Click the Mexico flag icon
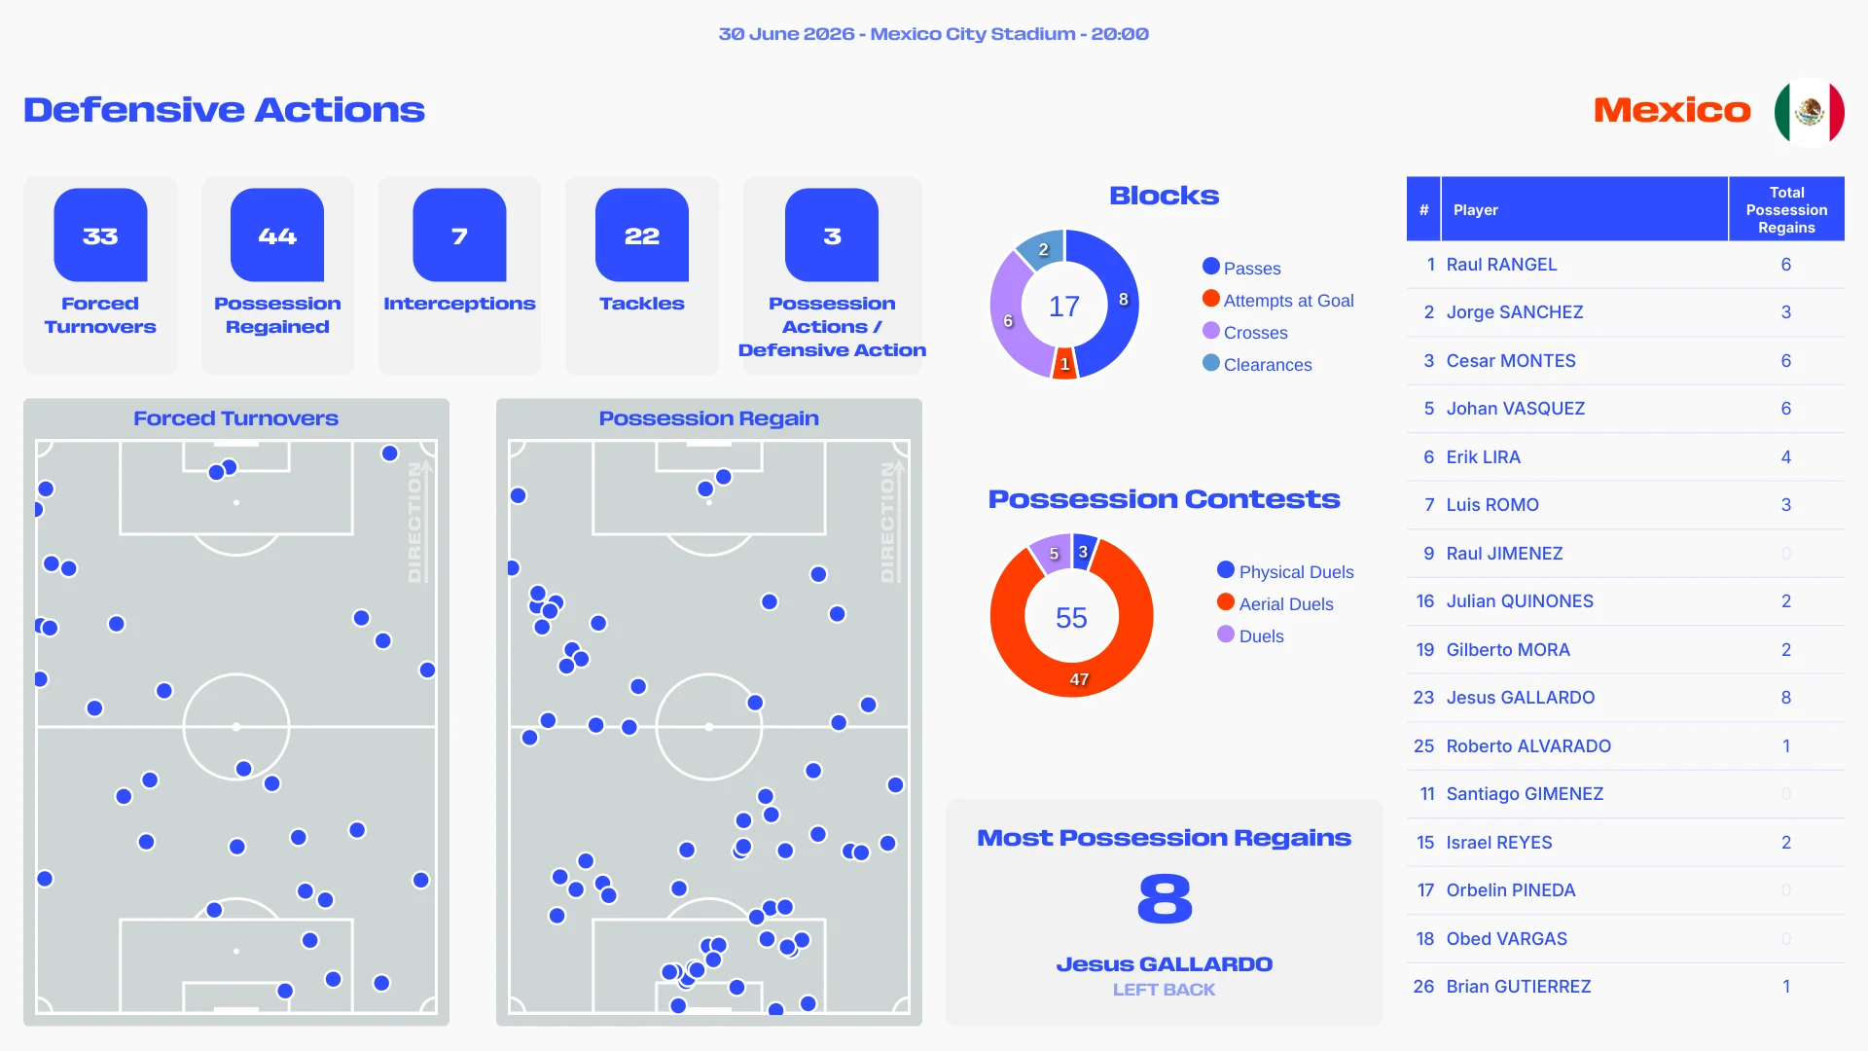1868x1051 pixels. point(1809,111)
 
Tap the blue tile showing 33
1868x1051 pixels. point(100,235)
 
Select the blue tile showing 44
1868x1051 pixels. point(277,235)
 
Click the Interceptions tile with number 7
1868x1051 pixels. point(459,235)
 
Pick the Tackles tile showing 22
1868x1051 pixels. point(642,235)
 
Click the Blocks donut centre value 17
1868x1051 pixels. point(1064,307)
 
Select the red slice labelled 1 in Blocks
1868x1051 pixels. point(1064,364)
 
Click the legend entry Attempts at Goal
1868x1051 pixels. point(1278,300)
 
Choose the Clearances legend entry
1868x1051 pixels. point(1257,364)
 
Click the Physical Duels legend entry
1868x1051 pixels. point(1285,571)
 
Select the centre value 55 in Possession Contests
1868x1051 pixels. point(1071,617)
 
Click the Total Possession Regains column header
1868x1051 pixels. point(1786,209)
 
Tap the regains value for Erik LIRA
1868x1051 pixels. point(1786,456)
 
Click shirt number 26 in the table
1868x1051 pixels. point(1423,986)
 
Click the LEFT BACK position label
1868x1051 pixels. point(1164,989)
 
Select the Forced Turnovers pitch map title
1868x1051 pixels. point(236,417)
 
